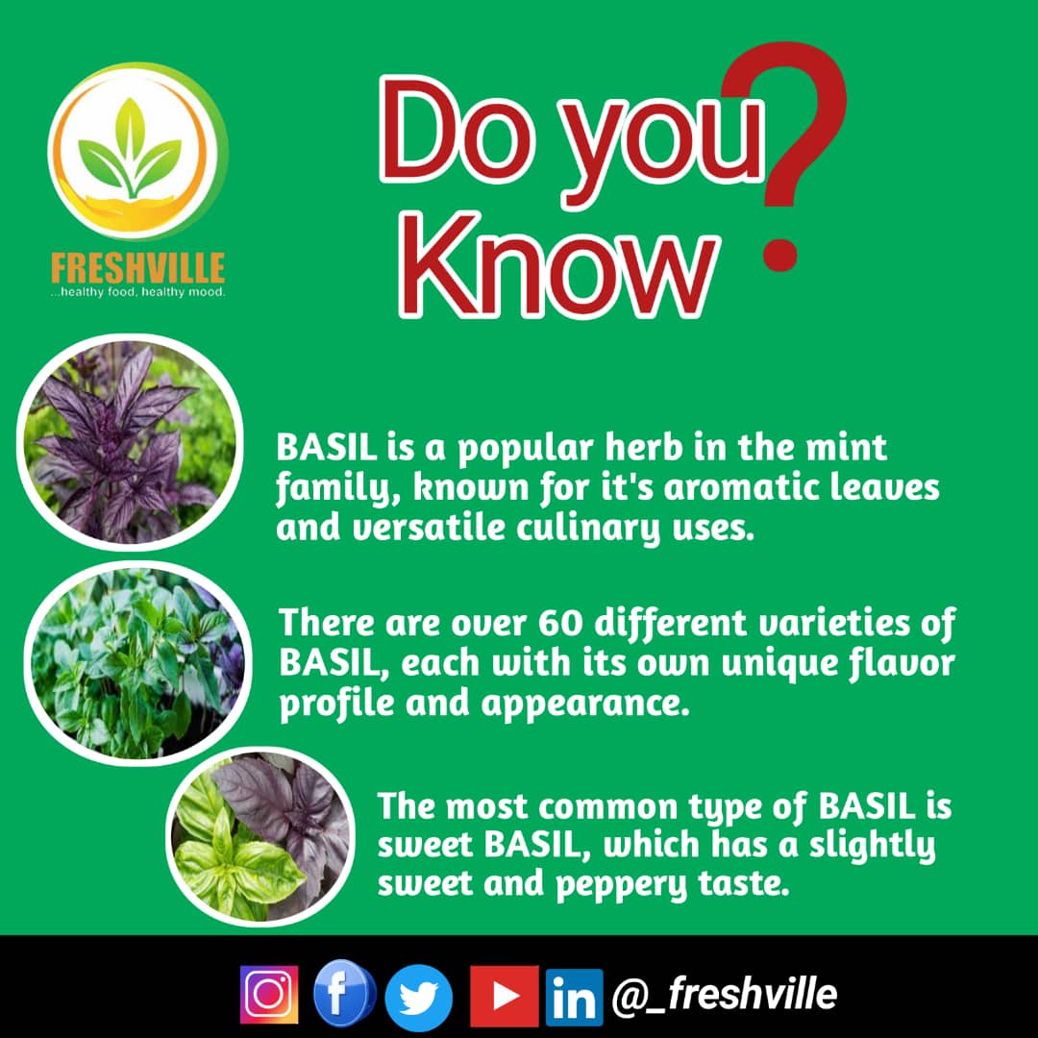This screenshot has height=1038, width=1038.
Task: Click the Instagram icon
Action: pos(269,995)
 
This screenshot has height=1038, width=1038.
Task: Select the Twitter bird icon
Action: pos(418,998)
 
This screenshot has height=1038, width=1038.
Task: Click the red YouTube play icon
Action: pos(504,996)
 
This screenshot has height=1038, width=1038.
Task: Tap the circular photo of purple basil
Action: pos(129,443)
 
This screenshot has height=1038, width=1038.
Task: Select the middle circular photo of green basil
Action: pos(136,662)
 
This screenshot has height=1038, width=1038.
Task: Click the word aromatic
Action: pos(722,488)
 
